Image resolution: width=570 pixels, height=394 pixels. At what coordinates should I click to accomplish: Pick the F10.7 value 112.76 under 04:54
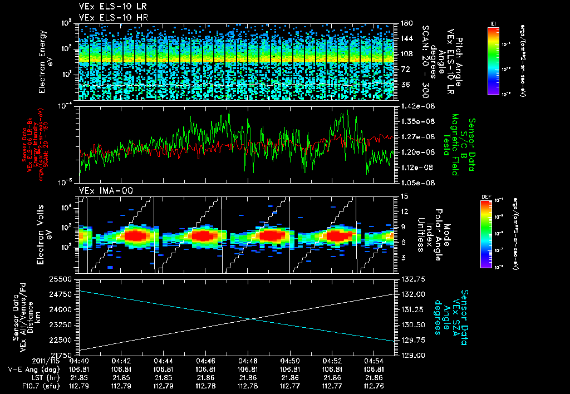pyautogui.click(x=375, y=385)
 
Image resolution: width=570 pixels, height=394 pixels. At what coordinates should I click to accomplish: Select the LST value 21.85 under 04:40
pyautogui.click(x=79, y=377)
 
